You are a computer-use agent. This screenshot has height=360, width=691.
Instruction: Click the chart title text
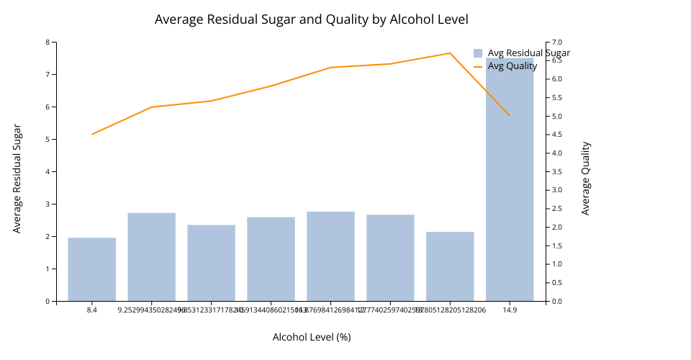pos(311,19)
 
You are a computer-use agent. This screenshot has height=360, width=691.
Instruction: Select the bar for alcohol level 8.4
pos(92,269)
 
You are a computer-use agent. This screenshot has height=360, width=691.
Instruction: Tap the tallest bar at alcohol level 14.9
pos(510,180)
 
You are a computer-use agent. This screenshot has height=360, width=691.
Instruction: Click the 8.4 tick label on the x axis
pos(92,310)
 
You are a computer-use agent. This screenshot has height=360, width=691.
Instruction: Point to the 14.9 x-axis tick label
pos(510,310)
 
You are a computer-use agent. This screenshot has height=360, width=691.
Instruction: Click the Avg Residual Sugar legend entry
pos(521,53)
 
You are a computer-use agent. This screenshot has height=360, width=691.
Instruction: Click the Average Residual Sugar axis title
pos(17,178)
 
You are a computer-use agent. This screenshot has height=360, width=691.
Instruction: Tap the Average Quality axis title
pos(585,178)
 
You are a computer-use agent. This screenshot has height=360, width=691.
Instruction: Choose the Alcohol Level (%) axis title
pos(311,337)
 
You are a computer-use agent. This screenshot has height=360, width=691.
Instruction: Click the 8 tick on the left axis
pos(48,42)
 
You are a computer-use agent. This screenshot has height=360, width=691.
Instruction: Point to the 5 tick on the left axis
pos(48,139)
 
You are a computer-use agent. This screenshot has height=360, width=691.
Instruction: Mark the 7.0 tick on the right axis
pos(557,42)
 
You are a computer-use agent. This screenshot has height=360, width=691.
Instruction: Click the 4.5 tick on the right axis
pos(557,135)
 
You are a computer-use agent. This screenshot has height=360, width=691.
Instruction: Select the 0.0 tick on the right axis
pos(557,301)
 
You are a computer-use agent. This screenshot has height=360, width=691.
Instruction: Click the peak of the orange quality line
pos(450,53)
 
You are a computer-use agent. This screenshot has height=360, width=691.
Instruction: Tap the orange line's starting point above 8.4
pos(92,134)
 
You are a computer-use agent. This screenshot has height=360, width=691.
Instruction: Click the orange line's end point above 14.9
pos(510,115)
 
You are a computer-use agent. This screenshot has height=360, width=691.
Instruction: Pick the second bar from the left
pos(152,257)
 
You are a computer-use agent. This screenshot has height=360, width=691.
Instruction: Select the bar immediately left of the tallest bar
pos(450,266)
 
